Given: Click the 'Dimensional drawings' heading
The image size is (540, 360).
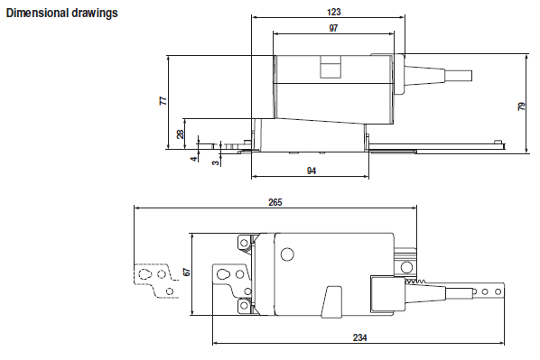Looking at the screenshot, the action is pos(62,13).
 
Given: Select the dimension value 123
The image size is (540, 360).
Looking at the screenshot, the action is pos(334,12).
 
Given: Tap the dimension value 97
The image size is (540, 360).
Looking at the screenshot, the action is pos(333,28).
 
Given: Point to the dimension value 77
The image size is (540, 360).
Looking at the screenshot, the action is pos(163,101).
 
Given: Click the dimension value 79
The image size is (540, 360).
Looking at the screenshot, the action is pos(521,106).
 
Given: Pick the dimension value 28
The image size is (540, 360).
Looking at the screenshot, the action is pos(181,134).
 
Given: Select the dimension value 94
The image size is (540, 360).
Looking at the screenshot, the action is pos(312,171).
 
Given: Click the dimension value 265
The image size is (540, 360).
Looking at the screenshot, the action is pos(275,202).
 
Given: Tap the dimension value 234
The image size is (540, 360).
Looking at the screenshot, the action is pos(360,337).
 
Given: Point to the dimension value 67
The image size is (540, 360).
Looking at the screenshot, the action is pos(187,272).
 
